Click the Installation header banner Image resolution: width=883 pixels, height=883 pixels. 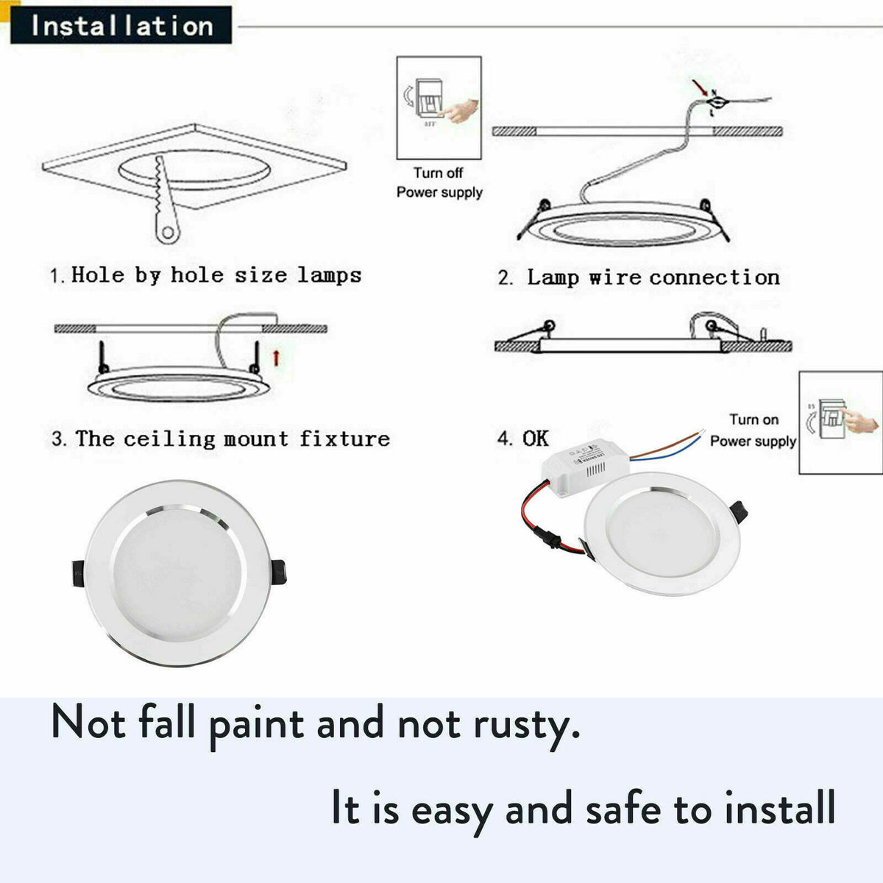point(121,26)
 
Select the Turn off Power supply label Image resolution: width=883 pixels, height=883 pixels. point(439,182)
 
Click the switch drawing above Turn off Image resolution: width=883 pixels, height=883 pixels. point(439,107)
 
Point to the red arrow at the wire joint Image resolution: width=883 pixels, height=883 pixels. point(701,88)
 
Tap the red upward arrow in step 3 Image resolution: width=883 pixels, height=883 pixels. point(277,358)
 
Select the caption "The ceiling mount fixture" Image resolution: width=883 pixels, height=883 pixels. point(221,439)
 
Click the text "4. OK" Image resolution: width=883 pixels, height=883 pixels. point(523,439)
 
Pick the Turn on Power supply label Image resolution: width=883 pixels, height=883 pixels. point(753,430)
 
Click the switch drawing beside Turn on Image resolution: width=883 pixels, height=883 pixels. point(840,422)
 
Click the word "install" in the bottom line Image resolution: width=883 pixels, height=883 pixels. point(780,808)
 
